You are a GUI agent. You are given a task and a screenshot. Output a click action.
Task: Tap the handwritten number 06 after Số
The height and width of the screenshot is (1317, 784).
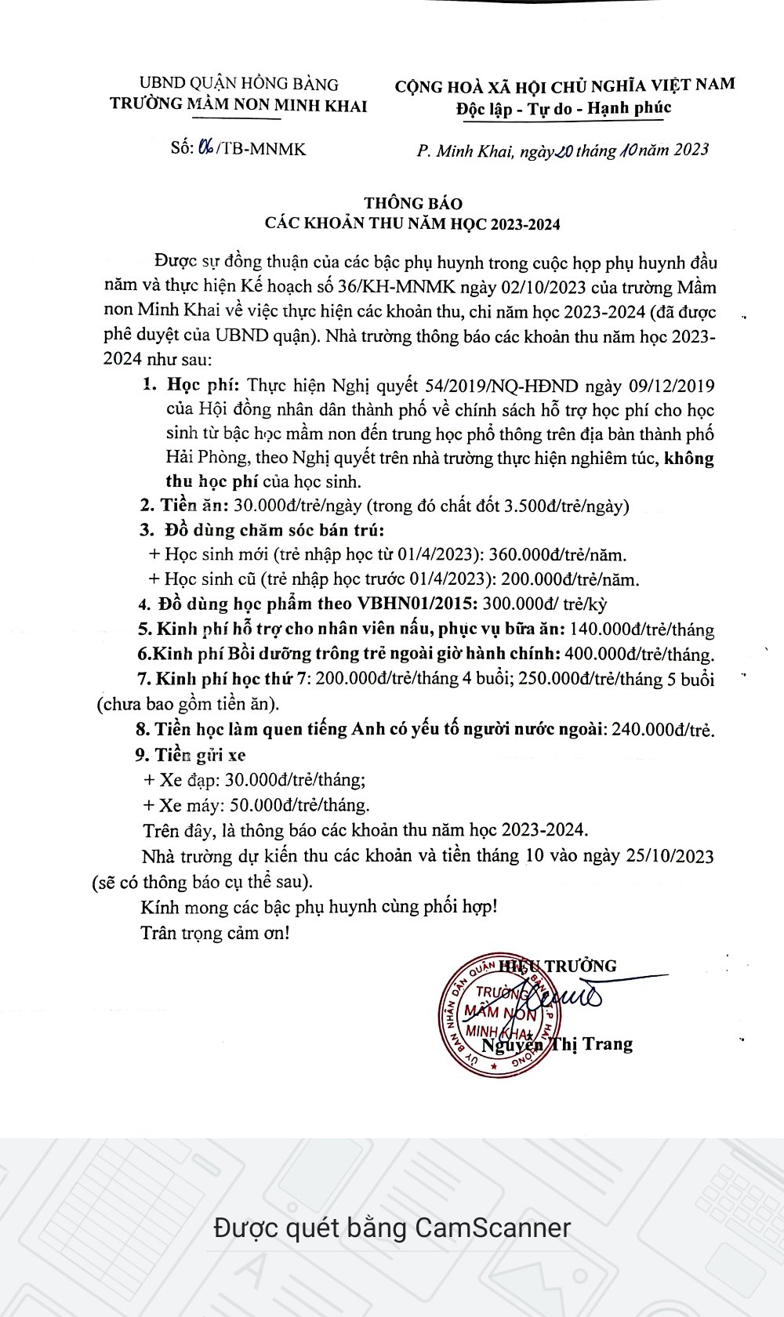coord(207,147)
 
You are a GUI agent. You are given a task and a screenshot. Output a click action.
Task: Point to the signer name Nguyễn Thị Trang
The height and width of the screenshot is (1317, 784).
coord(557,1044)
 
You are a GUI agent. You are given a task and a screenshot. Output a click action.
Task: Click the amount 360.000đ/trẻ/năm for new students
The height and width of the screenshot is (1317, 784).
coord(557,555)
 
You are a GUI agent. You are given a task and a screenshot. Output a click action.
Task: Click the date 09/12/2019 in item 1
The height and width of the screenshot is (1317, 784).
coord(672,386)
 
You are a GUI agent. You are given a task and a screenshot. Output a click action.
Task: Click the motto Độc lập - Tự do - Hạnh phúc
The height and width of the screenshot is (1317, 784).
coord(564,108)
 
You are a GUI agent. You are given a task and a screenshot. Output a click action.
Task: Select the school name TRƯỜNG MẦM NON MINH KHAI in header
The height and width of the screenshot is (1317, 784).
coord(238,105)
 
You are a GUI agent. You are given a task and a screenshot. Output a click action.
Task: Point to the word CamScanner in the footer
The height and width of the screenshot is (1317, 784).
coord(492,1227)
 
